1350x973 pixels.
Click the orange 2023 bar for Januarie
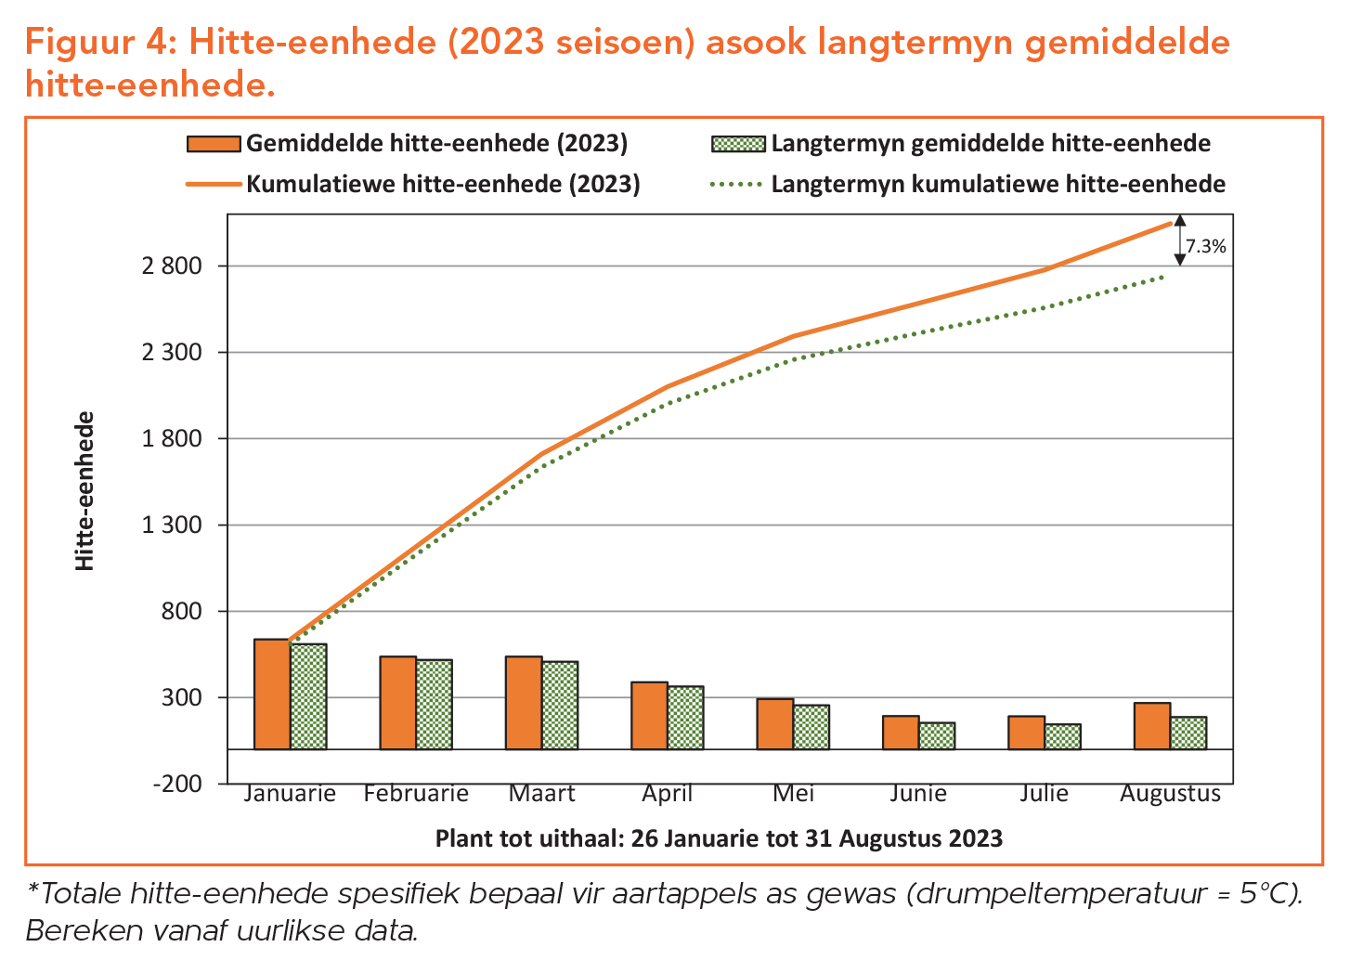pos(272,694)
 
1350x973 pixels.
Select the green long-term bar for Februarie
pos(434,704)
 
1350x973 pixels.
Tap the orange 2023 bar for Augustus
pos(1151,725)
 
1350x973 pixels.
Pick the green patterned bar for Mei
pos(811,726)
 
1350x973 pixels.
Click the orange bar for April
pos(649,715)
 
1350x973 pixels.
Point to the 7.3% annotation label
pos(1205,246)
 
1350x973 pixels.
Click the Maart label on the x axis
pos(541,794)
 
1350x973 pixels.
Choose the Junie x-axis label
pos(917,794)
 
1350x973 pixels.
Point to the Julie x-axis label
pos(1044,794)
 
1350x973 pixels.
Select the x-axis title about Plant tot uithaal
pos(719,838)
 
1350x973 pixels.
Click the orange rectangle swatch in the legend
pos(214,144)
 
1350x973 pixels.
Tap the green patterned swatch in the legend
pos(738,144)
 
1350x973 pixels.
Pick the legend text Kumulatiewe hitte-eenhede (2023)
pos(443,184)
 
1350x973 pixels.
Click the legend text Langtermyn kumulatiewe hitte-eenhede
pos(998,184)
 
